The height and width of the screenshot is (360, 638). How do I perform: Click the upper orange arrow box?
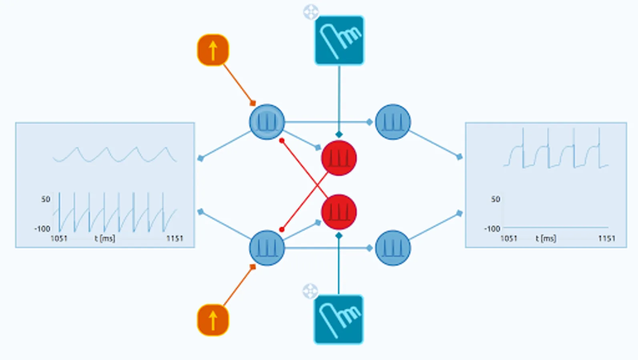click(x=213, y=50)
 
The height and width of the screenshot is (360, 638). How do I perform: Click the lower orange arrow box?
click(x=213, y=320)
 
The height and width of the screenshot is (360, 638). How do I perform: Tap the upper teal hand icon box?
click(x=339, y=40)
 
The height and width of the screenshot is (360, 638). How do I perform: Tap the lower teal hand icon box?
click(x=339, y=319)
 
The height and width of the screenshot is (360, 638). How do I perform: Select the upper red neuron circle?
click(x=339, y=158)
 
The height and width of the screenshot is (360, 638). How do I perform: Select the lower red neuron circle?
click(x=339, y=212)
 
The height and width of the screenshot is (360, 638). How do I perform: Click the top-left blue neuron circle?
click(x=267, y=122)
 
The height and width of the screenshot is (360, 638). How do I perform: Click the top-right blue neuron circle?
click(x=393, y=122)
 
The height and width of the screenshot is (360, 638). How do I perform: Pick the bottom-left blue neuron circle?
click(x=267, y=248)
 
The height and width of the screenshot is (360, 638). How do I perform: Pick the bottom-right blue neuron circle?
click(x=393, y=248)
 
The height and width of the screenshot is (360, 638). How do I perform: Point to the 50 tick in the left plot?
click(x=46, y=199)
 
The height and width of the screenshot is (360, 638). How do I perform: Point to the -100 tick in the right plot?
click(x=492, y=229)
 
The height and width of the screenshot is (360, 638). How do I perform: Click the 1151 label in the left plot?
click(x=175, y=238)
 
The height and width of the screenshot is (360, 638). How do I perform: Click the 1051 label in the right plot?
click(x=509, y=238)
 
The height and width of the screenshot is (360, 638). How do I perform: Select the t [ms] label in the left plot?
click(x=105, y=238)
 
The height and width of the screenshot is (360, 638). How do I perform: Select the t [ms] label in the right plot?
click(x=546, y=238)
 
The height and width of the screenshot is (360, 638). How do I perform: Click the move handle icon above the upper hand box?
click(x=311, y=12)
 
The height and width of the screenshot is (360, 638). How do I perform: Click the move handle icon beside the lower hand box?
click(x=310, y=291)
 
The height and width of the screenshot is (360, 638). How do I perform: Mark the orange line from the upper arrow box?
click(x=238, y=84)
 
